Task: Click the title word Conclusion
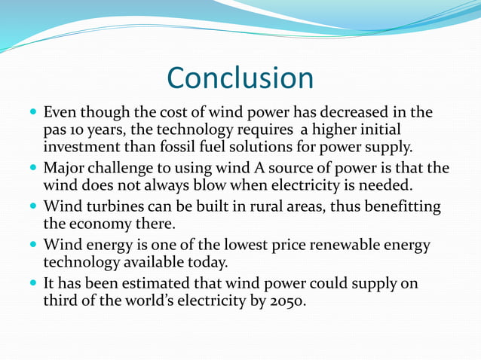coord(240,78)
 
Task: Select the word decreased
coord(357,113)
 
